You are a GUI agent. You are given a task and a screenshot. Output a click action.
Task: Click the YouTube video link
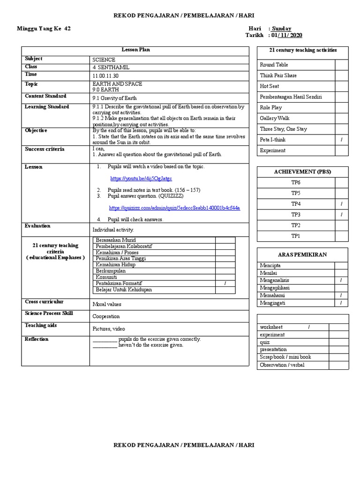[x=141, y=179]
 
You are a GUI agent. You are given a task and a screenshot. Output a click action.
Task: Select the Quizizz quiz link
[x=174, y=208]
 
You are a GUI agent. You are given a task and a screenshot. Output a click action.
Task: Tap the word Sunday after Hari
[x=282, y=29]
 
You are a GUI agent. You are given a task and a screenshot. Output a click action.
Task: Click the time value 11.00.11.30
[x=105, y=75]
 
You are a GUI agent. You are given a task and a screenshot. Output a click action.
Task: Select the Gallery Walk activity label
[x=274, y=118]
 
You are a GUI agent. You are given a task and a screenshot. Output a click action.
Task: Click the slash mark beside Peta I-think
[x=341, y=140]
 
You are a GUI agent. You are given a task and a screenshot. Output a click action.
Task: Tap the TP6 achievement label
[x=296, y=182]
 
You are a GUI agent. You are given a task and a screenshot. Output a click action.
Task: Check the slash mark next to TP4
[x=341, y=204]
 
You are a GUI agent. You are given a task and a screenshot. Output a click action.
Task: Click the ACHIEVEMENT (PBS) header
[x=302, y=172]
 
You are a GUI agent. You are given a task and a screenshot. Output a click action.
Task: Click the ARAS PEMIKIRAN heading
[x=302, y=255]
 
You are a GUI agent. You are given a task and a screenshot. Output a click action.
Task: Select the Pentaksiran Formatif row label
[x=119, y=284]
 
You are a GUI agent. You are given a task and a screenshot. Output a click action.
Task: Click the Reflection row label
[x=37, y=339]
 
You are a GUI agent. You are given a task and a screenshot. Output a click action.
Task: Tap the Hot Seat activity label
[x=270, y=86]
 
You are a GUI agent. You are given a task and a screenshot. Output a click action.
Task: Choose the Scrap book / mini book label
[x=285, y=357]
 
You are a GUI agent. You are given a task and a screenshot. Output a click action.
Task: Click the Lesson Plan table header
[x=136, y=50]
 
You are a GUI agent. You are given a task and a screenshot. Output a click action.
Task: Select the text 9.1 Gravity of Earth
[x=115, y=97]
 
